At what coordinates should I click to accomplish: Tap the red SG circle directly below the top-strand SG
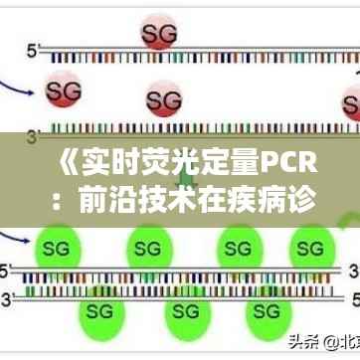165,100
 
